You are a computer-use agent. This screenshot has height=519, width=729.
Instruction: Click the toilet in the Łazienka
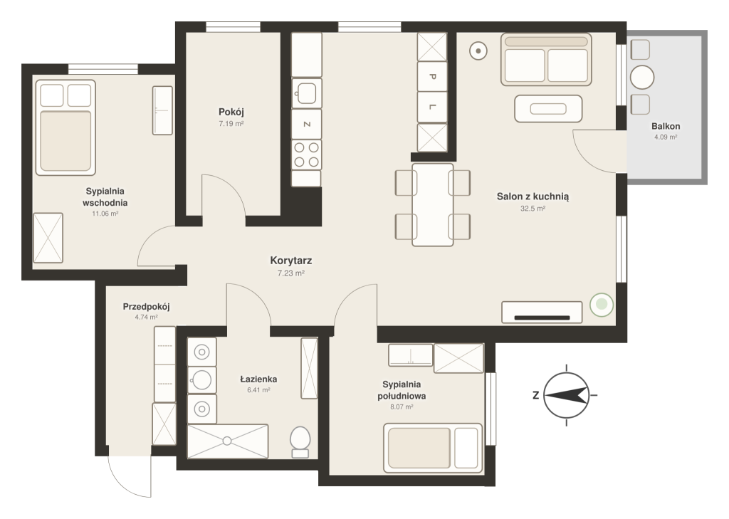pyautogui.click(x=300, y=442)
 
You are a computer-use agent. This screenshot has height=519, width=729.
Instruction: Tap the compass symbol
pyautogui.click(x=567, y=395)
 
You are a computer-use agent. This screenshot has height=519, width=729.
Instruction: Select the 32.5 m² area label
pyautogui.click(x=533, y=209)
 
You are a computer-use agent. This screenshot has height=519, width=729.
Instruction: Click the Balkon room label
pyautogui.click(x=666, y=126)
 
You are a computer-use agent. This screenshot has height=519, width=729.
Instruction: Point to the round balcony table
pyautogui.click(x=642, y=77)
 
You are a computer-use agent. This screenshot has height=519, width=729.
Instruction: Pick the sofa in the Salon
pyautogui.click(x=546, y=59)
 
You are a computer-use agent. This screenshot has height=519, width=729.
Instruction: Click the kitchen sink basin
pyautogui.click(x=306, y=93)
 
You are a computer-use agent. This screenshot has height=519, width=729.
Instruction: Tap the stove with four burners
pyautogui.click(x=306, y=155)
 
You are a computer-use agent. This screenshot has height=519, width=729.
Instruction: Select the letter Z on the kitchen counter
pyautogui.click(x=306, y=124)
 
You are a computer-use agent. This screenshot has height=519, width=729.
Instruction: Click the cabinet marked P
pyautogui.click(x=432, y=77)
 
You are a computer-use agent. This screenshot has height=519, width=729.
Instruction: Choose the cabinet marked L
pyautogui.click(x=432, y=107)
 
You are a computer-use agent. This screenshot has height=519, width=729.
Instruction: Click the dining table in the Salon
pyautogui.click(x=432, y=204)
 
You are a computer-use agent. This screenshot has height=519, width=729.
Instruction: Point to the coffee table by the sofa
pyautogui.click(x=548, y=109)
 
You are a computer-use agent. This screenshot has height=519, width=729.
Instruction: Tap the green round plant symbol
pyautogui.click(x=602, y=305)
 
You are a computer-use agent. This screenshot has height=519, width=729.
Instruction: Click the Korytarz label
pyautogui.click(x=291, y=261)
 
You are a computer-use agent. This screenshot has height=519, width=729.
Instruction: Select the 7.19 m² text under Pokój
pyautogui.click(x=231, y=124)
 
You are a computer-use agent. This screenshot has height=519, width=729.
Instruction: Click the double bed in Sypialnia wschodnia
pyautogui.click(x=65, y=127)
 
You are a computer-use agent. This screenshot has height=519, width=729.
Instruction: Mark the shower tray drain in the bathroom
pyautogui.click(x=227, y=441)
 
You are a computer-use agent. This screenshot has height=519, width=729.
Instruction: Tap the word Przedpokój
pyautogui.click(x=147, y=307)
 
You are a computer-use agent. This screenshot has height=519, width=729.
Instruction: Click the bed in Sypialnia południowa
pyautogui.click(x=432, y=448)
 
